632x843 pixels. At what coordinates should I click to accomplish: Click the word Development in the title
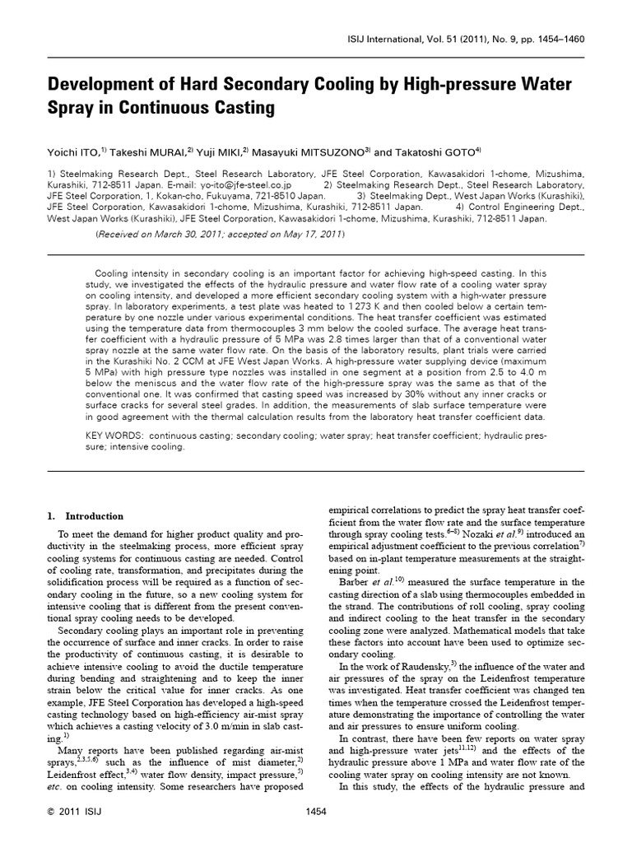click(x=103, y=85)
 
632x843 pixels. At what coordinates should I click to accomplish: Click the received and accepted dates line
click(x=221, y=235)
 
